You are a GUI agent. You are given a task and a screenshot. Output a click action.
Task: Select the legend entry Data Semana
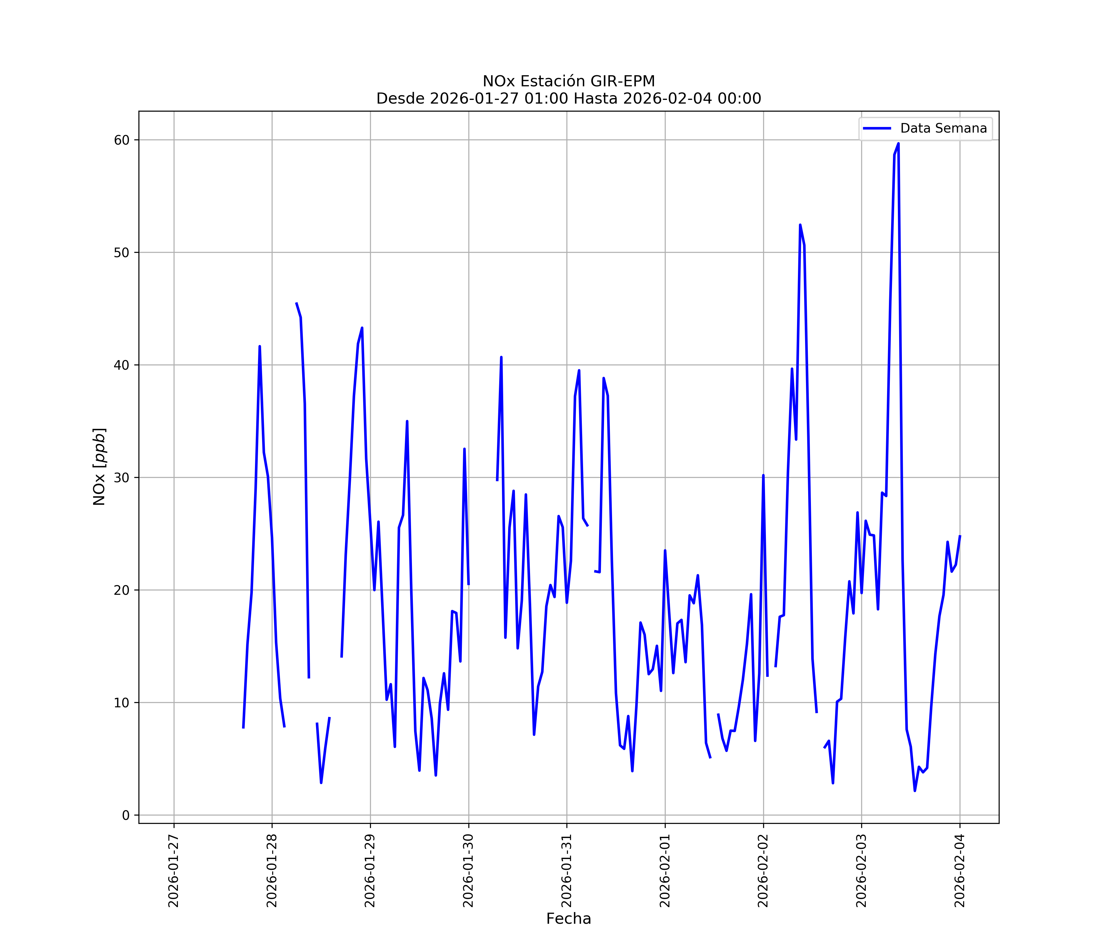click(x=943, y=129)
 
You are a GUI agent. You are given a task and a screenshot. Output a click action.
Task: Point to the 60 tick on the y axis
click(x=121, y=140)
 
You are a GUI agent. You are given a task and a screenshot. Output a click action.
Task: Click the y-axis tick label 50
click(x=121, y=253)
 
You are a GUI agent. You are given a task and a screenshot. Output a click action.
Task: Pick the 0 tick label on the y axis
click(x=126, y=816)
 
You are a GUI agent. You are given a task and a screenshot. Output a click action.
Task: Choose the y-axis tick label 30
click(x=121, y=478)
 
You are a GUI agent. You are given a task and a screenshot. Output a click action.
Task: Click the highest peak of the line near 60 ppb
click(x=898, y=144)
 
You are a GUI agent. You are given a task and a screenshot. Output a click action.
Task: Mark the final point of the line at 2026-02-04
click(x=960, y=536)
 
